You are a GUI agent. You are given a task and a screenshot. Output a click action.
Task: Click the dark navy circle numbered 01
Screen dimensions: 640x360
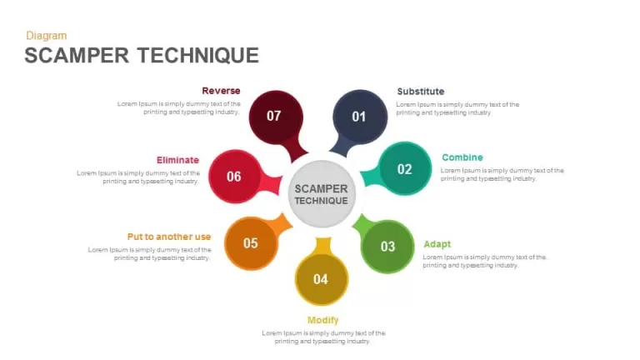coord(360,117)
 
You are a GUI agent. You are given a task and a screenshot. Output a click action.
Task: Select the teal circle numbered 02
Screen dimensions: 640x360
coord(404,169)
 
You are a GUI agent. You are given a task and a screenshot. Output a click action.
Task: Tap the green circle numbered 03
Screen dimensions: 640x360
coord(387,247)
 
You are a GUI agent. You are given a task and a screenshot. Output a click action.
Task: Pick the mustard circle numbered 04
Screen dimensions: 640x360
coord(321,279)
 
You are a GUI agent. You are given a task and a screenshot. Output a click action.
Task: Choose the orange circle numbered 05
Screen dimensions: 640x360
coord(251,243)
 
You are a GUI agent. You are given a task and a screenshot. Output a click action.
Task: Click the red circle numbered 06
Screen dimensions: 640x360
coord(235,177)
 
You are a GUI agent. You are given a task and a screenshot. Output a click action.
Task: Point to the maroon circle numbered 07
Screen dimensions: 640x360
coord(276,117)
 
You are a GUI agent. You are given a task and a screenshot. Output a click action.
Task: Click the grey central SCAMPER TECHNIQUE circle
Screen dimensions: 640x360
coord(322,194)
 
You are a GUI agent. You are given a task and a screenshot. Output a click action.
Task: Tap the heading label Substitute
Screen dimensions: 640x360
coord(420,92)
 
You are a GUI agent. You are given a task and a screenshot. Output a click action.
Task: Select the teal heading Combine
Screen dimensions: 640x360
coord(462,157)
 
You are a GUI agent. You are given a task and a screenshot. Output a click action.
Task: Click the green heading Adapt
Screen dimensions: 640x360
coord(437,244)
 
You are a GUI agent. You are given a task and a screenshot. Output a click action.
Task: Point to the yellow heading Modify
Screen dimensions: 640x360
coord(322,320)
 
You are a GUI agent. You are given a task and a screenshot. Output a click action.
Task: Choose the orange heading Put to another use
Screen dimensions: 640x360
coord(169,237)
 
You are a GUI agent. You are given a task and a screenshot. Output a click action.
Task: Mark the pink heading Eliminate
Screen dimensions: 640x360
coord(177,160)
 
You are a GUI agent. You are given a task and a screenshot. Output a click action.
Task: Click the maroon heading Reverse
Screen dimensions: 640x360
coord(221,91)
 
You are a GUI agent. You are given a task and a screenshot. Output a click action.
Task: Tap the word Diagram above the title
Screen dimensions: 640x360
coord(46,36)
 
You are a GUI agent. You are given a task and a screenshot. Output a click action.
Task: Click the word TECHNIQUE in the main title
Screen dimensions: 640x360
coord(198,56)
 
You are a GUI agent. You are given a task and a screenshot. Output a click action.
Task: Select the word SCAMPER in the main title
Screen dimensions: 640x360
coord(77,56)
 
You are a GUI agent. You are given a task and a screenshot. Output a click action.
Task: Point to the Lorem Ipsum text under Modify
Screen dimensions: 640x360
coord(323,337)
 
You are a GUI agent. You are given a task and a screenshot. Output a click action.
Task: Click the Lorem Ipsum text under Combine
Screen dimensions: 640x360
coord(502,175)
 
